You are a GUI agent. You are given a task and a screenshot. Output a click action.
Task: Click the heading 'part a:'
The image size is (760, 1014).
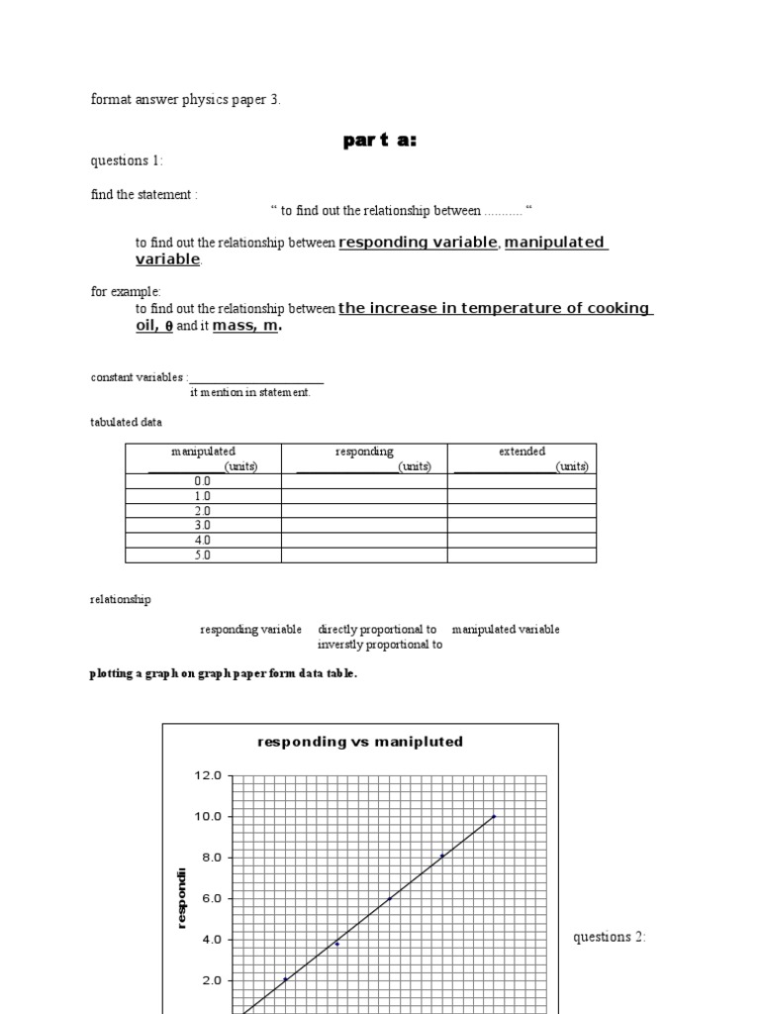tap(380, 141)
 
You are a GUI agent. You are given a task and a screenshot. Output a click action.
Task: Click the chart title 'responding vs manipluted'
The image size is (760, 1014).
tap(360, 742)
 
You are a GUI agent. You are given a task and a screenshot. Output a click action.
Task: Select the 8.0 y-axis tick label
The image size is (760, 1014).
tap(209, 858)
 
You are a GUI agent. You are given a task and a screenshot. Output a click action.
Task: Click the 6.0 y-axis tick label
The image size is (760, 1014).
tap(209, 898)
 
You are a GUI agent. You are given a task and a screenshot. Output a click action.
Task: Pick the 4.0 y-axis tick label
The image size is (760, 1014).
tap(209, 940)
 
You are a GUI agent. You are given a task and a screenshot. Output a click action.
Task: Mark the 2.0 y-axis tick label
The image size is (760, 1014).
tap(209, 980)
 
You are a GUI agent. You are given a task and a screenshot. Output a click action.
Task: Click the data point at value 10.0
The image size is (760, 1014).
tap(494, 816)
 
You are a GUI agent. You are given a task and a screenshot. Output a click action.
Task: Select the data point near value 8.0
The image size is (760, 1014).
tap(441, 856)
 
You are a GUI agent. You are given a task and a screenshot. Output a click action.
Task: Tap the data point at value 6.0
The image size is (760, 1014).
tap(389, 898)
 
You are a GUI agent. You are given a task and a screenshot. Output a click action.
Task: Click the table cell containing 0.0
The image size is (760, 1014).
tap(203, 481)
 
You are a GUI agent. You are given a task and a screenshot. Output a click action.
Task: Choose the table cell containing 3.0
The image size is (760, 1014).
tap(203, 526)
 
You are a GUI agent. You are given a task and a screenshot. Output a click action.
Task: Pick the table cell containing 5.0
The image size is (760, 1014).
tap(203, 556)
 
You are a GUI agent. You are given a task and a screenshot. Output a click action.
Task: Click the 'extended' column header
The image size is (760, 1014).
tap(522, 452)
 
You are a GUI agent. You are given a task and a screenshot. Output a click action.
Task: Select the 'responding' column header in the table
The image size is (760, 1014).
tap(364, 452)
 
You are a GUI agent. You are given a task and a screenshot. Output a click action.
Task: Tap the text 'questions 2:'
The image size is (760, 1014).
tap(610, 937)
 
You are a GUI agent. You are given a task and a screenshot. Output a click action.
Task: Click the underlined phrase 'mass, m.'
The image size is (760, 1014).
tap(246, 326)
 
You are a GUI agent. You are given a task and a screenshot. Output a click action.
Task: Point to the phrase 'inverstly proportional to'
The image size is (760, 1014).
tap(380, 645)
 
